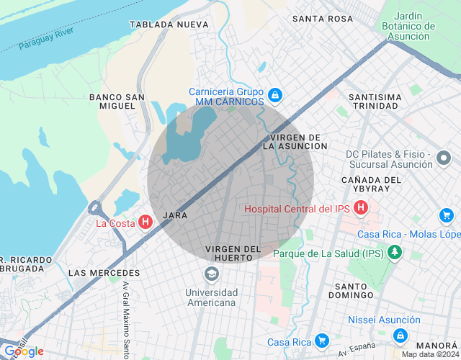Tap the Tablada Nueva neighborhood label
(x=169, y=24)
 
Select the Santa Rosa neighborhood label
(x=323, y=19)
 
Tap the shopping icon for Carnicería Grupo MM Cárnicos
(x=274, y=94)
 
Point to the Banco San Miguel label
(x=112, y=101)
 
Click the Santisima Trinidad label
(x=372, y=101)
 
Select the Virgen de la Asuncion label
(x=291, y=141)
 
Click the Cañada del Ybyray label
(x=372, y=184)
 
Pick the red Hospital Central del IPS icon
(x=361, y=209)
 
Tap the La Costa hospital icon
(x=145, y=222)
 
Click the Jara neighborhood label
(x=176, y=215)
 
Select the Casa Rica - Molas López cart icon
(x=446, y=215)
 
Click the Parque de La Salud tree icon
(x=394, y=252)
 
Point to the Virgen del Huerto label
(x=233, y=253)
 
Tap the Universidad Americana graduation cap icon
(x=211, y=274)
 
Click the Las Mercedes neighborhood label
(x=104, y=274)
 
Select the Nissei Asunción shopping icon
(x=400, y=336)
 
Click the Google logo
(x=23, y=351)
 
